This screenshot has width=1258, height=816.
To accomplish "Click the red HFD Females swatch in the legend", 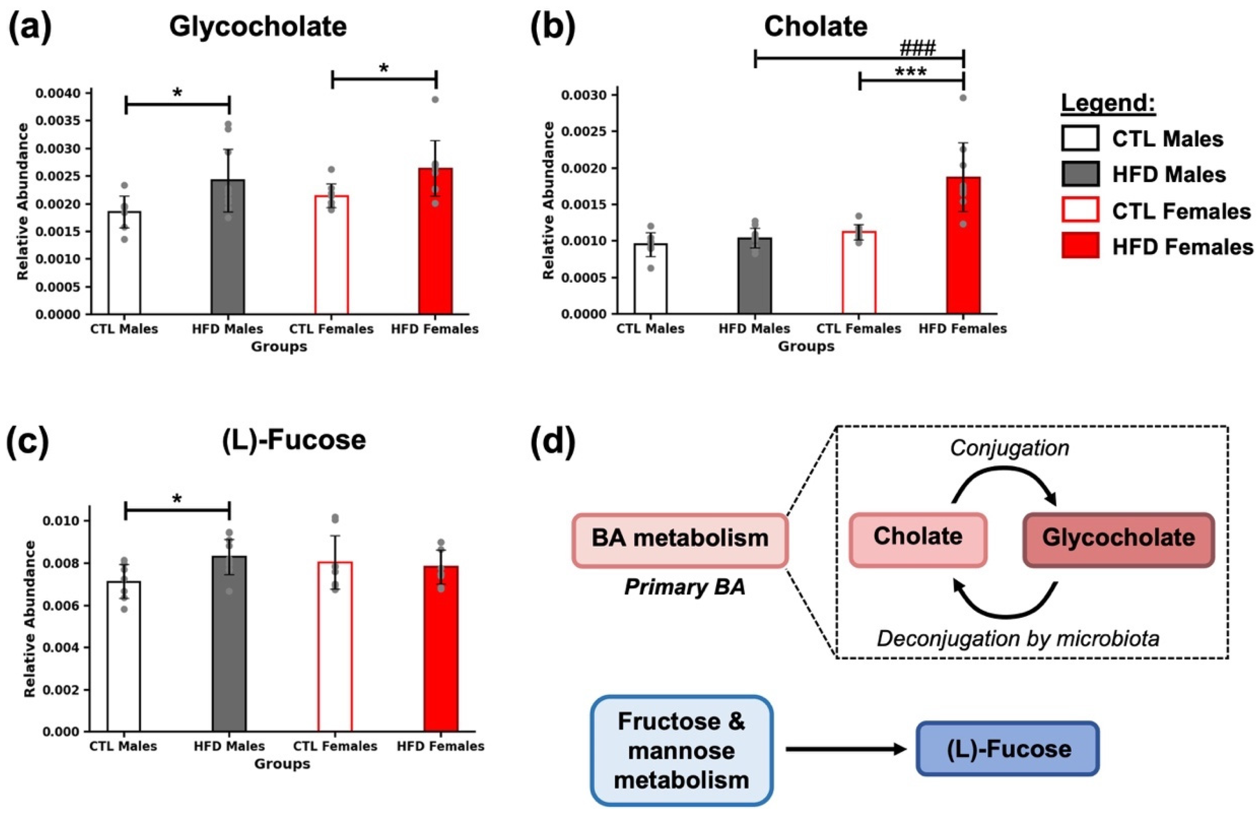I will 1080,245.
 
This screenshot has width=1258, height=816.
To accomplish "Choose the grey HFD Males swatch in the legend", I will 1080,174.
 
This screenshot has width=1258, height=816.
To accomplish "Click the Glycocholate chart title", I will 258,27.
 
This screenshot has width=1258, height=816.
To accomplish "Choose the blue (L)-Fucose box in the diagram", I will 1008,749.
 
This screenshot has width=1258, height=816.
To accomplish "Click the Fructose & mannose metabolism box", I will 681,751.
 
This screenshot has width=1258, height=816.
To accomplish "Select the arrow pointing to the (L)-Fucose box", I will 846,749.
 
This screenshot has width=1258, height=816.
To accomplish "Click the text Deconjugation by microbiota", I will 1018,639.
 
